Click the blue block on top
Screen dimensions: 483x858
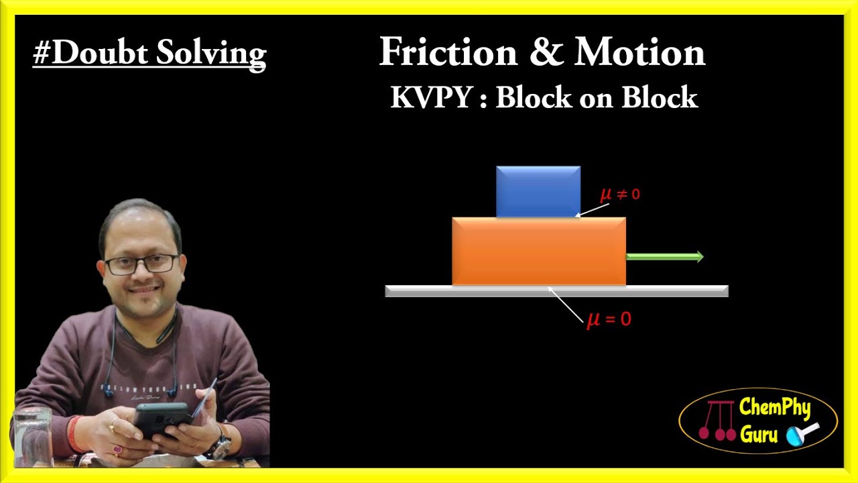pos(538,191)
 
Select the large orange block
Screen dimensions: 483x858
pos(539,252)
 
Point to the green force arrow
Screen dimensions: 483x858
pos(664,257)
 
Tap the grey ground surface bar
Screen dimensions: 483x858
pos(556,291)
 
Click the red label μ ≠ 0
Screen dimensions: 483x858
pos(620,195)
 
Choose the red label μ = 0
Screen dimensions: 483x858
pos(609,319)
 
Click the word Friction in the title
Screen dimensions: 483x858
pos(448,52)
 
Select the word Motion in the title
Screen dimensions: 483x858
pos(639,52)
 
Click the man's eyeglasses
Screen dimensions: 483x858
pos(141,264)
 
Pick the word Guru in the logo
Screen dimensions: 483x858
pos(759,435)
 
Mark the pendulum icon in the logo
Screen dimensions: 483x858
pos(715,421)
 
